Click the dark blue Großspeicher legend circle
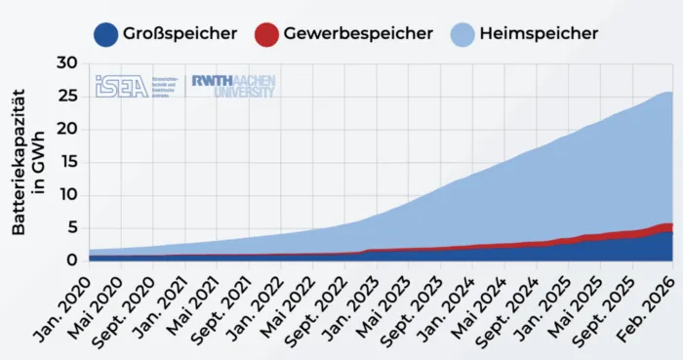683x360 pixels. click(106, 33)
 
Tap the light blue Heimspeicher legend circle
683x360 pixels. click(463, 33)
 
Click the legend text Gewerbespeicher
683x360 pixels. click(358, 33)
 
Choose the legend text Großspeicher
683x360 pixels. click(180, 33)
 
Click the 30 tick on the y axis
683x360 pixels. click(65, 62)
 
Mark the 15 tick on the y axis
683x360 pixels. click(65, 161)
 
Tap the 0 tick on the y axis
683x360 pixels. click(71, 260)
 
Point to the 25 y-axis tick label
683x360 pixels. click(65, 96)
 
